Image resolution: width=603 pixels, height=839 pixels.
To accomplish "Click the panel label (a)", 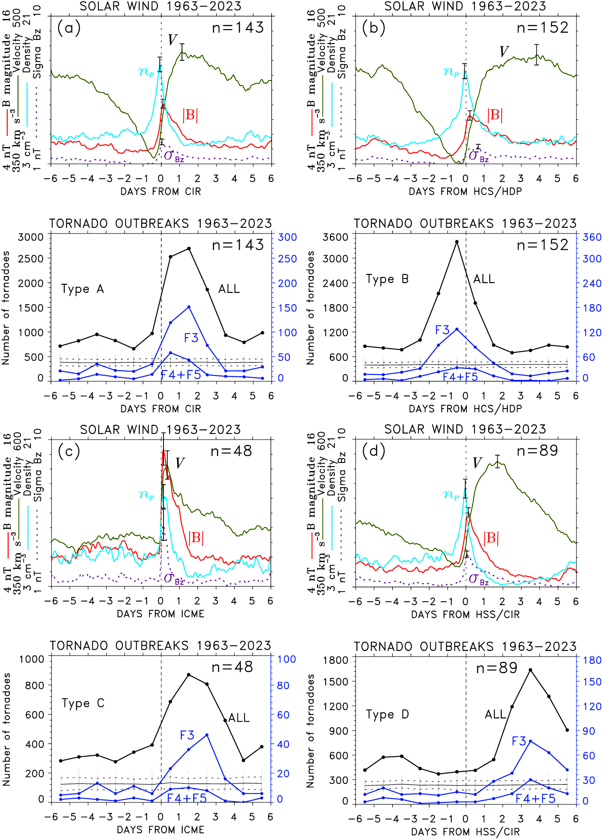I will (x=69, y=28).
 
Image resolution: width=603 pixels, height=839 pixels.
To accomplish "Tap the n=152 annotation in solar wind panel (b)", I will (x=542, y=28).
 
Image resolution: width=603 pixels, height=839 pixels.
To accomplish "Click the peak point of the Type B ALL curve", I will (x=457, y=242).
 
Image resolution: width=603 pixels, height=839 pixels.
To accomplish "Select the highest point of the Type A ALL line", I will (x=189, y=249).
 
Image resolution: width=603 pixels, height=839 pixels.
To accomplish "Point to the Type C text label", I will (x=83, y=703).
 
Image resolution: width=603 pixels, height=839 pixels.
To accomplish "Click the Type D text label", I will (x=387, y=714).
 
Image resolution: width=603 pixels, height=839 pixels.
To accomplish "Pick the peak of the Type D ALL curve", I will (x=530, y=670).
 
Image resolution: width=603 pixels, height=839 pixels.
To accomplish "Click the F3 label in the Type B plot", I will (x=442, y=330).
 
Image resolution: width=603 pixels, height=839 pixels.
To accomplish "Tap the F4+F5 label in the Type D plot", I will (x=536, y=798).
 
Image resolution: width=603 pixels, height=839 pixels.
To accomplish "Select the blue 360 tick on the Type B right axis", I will (x=592, y=237).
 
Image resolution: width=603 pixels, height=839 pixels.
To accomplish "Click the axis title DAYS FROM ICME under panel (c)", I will (x=161, y=614).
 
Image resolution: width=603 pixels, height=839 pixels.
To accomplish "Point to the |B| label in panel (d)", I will (x=491, y=538).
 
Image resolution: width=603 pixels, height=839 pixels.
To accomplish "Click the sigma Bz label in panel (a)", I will (x=174, y=156).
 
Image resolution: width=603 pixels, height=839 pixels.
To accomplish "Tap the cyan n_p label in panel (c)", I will (x=146, y=495).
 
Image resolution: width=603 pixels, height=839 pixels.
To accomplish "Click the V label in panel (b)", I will (x=504, y=52).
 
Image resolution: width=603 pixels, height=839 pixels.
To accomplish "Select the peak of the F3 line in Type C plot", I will (x=207, y=735).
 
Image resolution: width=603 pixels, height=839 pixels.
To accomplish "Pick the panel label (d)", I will (x=374, y=451).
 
